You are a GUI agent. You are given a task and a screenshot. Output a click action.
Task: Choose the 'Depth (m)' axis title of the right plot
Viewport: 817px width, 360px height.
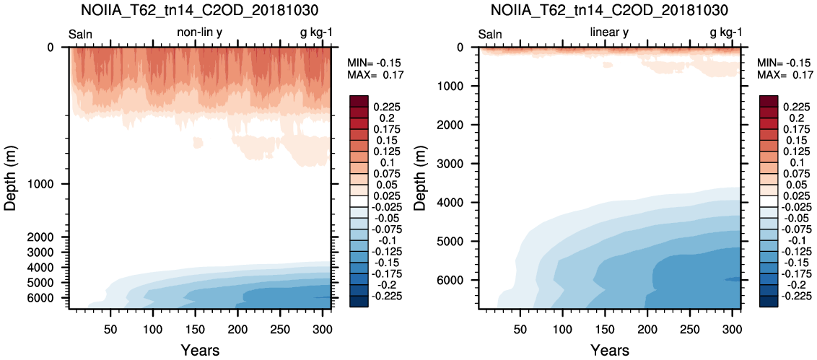[x=419, y=178]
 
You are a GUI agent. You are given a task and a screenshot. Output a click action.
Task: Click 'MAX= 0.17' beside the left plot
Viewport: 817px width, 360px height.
[x=368, y=75]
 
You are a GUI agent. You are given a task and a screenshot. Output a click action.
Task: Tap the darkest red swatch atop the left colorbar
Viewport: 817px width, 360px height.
[x=360, y=101]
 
